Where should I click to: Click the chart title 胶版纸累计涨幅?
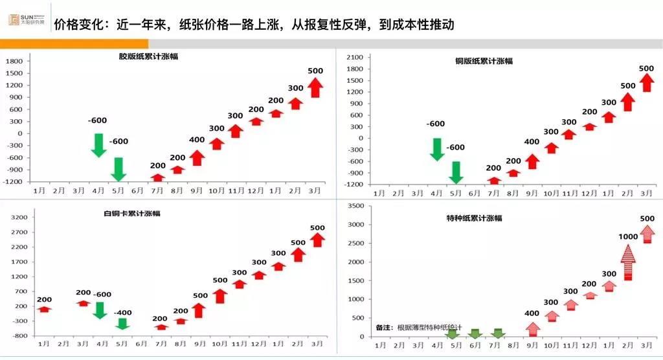point(148,56)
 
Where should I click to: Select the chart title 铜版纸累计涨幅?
point(483,61)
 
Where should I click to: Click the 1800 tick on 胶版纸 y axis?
point(14,61)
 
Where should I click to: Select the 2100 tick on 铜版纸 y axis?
point(355,58)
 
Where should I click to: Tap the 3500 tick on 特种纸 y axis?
point(356,206)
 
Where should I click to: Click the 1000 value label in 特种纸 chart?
point(628,237)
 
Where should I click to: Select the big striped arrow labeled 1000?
point(628,262)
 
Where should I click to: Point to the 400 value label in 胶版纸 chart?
point(197,140)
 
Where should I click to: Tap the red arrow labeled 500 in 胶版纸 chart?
point(315,87)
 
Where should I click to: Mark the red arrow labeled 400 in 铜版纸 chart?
point(532,161)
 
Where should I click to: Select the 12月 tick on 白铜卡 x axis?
point(258,343)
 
